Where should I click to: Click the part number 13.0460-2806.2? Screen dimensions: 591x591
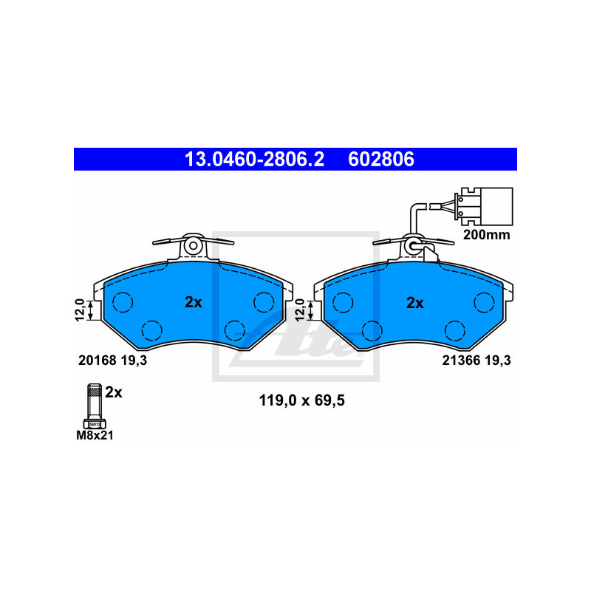(x=254, y=159)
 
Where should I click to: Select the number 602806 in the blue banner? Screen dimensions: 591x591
(x=381, y=159)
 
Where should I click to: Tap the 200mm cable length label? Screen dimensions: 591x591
(x=487, y=235)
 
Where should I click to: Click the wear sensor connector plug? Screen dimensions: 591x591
(x=485, y=206)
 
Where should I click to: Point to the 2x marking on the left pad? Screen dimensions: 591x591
(x=194, y=302)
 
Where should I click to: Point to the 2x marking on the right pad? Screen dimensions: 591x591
(x=415, y=303)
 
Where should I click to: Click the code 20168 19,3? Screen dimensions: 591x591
(x=113, y=361)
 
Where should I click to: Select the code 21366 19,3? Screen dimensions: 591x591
(x=476, y=361)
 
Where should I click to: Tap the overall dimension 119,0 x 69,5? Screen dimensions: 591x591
(x=302, y=400)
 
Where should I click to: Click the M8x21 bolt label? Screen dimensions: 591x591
(x=95, y=435)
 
